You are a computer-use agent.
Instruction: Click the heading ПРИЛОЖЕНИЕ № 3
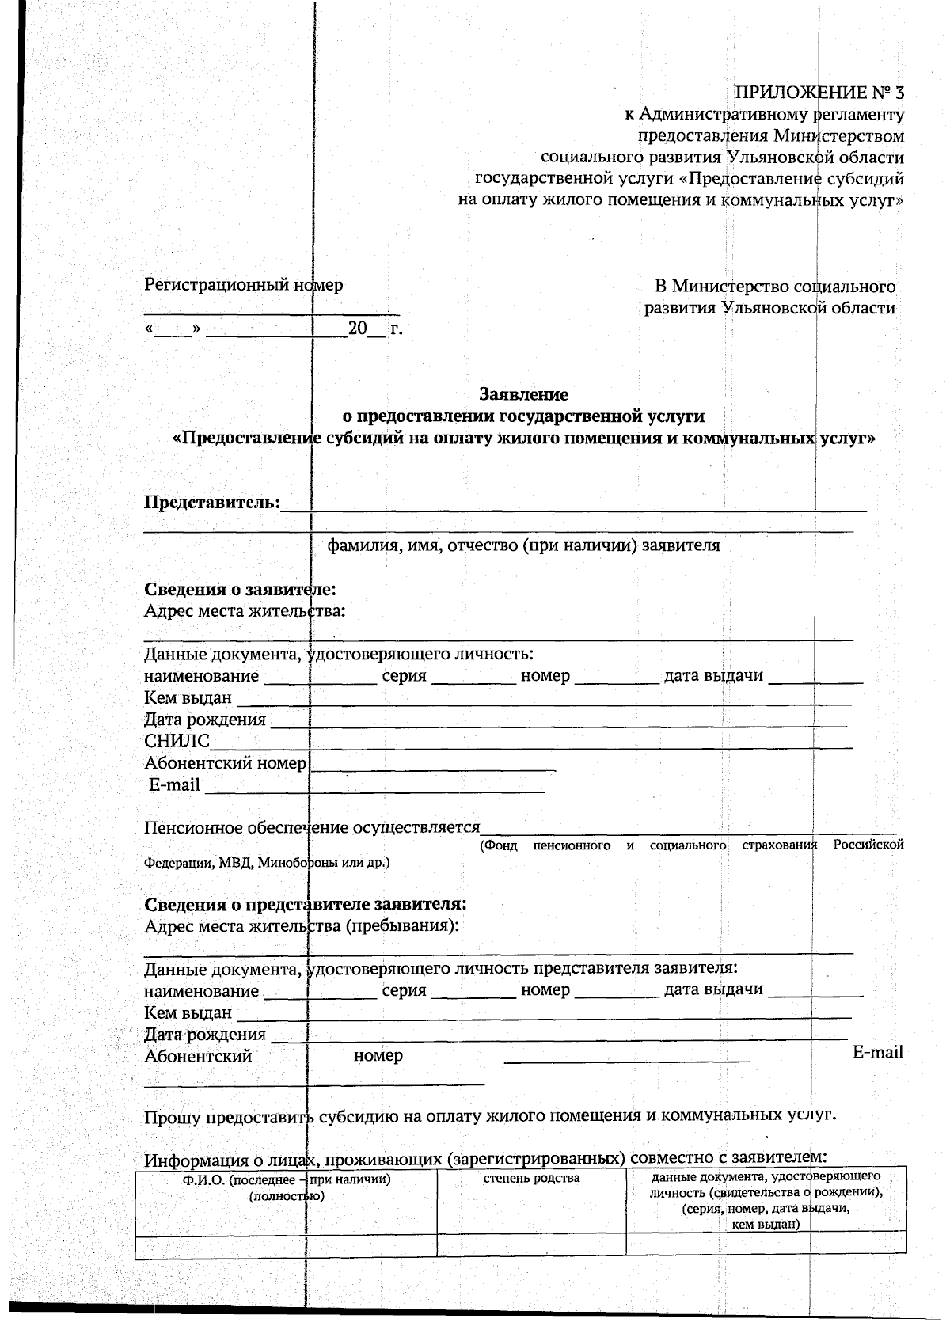(x=819, y=93)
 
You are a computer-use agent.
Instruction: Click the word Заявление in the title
(x=524, y=393)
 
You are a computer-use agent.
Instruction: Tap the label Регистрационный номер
(x=243, y=285)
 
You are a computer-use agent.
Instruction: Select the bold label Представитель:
(x=212, y=502)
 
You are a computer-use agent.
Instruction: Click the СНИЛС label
(x=177, y=741)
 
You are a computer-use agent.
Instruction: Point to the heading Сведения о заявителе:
(x=240, y=590)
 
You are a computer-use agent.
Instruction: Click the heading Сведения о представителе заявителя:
(x=305, y=905)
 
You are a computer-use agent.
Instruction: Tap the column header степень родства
(x=531, y=1178)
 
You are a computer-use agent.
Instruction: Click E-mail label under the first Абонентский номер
(x=175, y=785)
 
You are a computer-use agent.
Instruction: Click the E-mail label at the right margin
(x=877, y=1053)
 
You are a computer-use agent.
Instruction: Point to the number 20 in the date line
(x=358, y=328)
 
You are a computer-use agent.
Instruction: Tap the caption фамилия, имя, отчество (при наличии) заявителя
(x=523, y=545)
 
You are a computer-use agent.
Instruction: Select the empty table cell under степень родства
(x=531, y=1244)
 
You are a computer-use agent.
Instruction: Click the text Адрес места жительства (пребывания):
(x=302, y=926)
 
